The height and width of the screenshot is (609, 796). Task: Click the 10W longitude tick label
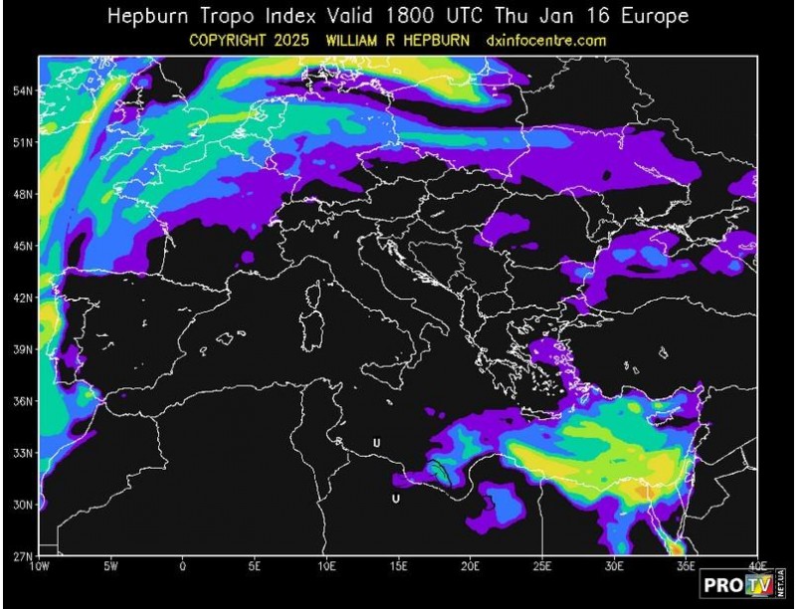(40, 566)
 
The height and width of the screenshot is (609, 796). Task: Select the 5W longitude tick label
(111, 566)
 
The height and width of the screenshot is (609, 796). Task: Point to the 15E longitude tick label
(398, 566)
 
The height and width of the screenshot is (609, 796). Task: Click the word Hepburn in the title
(148, 17)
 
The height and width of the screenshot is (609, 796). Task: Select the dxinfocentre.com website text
(546, 41)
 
